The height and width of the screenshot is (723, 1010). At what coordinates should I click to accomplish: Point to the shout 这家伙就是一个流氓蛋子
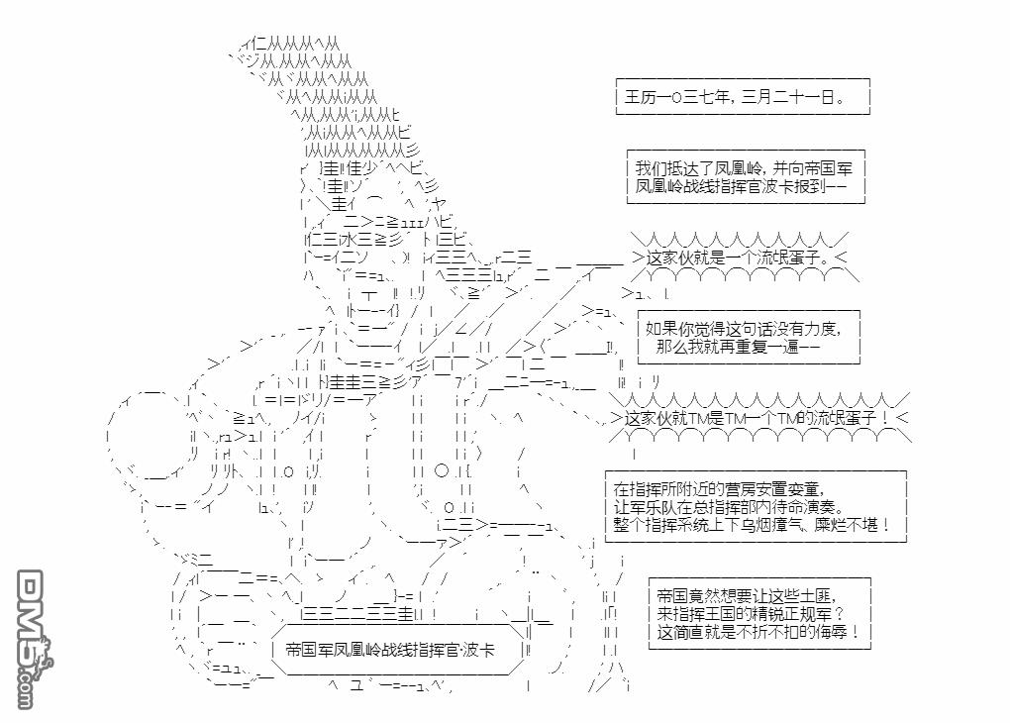pos(738,258)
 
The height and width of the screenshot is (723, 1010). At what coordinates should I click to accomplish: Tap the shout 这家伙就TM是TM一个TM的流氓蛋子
pos(757,419)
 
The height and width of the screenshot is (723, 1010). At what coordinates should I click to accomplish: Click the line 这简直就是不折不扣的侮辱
pos(757,632)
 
